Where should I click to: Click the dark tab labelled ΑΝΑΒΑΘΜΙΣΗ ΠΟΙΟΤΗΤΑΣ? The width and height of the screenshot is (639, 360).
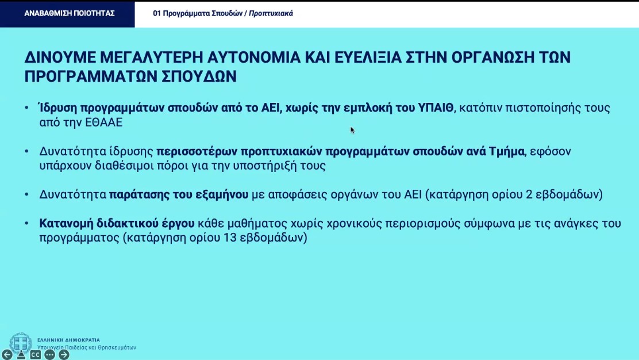67,14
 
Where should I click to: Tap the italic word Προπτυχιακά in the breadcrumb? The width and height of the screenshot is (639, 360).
271,13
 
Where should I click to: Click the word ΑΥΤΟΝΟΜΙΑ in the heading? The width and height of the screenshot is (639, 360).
253,58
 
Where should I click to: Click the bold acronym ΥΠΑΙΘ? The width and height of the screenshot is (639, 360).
436,108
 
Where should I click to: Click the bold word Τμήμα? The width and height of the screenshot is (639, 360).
507,152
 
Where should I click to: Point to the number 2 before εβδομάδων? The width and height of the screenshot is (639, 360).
529,194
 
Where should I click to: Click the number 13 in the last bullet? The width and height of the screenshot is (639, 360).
230,238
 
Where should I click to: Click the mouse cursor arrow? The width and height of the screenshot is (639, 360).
352,130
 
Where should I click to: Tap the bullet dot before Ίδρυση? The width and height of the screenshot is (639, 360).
27,108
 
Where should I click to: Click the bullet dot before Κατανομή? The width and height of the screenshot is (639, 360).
27,224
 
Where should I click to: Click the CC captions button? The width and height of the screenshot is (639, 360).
36,355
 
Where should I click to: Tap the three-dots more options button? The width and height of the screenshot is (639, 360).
50,355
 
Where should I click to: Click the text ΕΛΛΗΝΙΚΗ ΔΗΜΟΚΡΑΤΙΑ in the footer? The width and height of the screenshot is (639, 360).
68,340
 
